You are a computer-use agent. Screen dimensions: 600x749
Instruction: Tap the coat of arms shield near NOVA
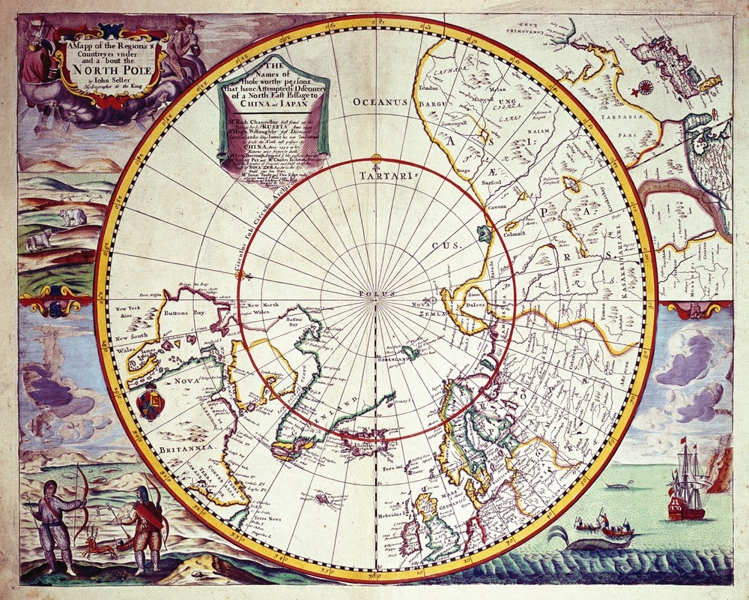coord(151,401)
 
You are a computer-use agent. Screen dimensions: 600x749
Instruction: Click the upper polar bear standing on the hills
coord(73,217)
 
